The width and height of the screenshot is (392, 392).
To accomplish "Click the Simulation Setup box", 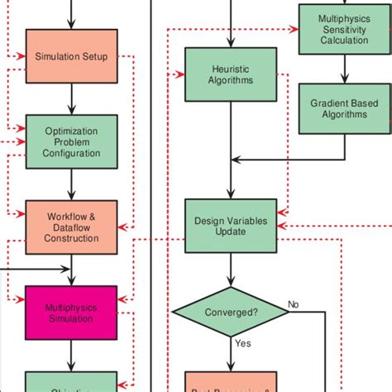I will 73,56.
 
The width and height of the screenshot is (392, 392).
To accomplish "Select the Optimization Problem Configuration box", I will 73,141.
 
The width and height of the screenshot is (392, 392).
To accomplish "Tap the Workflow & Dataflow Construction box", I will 73,227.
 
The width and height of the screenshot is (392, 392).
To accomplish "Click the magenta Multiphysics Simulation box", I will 73,313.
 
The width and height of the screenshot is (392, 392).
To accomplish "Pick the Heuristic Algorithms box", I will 232,74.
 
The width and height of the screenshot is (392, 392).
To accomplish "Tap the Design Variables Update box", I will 232,227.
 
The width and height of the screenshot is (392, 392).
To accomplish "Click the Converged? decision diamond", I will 232,313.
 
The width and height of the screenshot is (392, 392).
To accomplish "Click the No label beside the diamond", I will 294,304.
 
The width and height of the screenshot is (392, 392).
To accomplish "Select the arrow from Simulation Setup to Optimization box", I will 73,98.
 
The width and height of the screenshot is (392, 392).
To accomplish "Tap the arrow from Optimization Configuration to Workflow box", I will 73,184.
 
